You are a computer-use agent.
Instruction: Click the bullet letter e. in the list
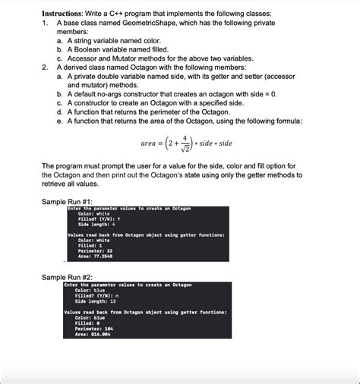click(x=60, y=121)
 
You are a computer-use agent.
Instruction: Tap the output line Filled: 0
click(x=84, y=323)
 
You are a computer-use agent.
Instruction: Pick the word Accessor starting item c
click(x=85, y=58)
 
